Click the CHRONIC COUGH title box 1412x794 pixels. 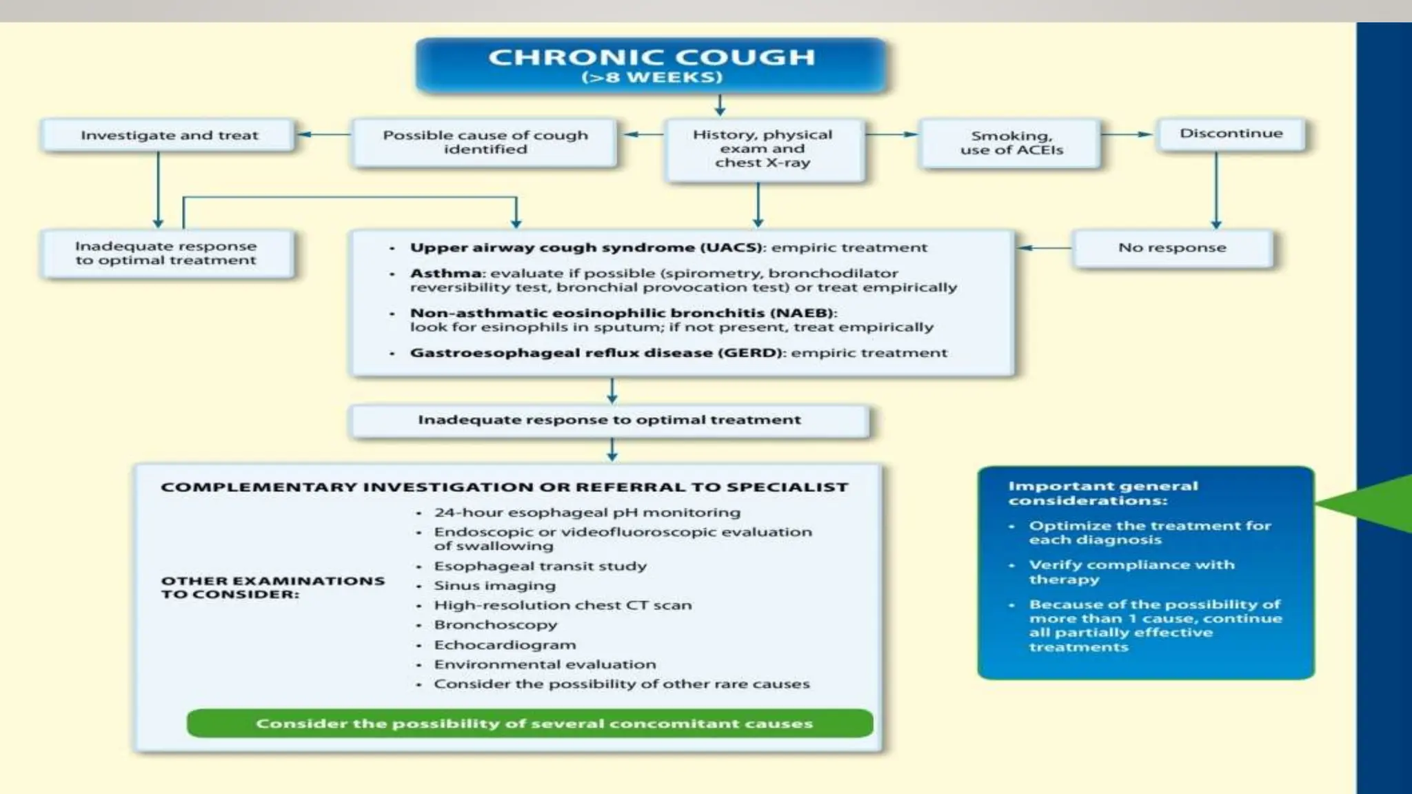(x=651, y=65)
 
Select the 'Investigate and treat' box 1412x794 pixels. (x=169, y=135)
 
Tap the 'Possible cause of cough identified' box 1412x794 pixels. (x=485, y=142)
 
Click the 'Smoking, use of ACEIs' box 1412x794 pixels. (x=1011, y=143)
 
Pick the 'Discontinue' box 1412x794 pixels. (x=1231, y=134)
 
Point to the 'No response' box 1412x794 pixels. (x=1172, y=247)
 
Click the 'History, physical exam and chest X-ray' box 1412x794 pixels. (x=763, y=149)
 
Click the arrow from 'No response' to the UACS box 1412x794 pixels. (x=1044, y=247)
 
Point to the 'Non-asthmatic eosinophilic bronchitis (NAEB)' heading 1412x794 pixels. (x=623, y=313)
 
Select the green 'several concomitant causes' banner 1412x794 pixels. (x=529, y=724)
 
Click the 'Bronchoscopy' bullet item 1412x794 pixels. (x=495, y=625)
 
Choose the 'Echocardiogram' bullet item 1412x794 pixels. (x=505, y=645)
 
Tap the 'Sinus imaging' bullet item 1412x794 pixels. (x=494, y=586)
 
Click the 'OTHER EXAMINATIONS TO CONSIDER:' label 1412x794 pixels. (x=272, y=587)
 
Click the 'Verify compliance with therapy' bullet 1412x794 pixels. (x=1131, y=571)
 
